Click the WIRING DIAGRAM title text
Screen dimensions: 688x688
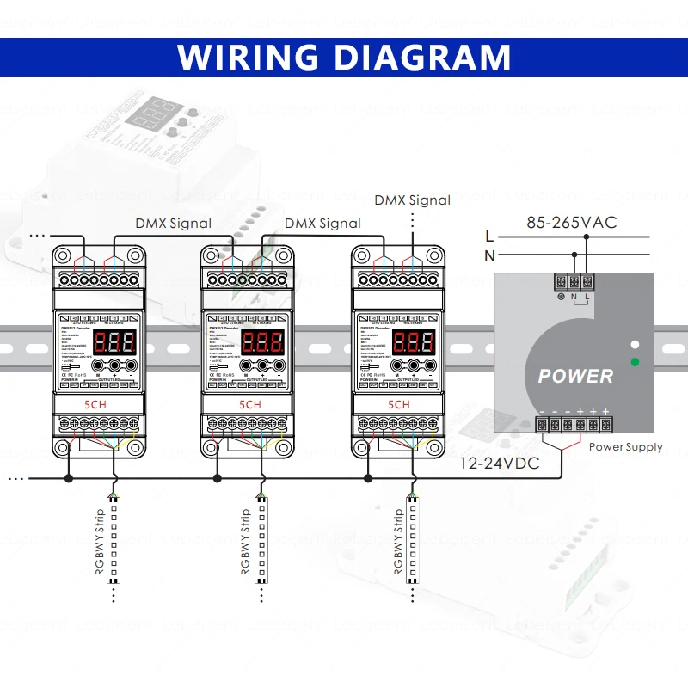(x=344, y=57)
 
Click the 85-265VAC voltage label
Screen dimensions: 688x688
(x=572, y=223)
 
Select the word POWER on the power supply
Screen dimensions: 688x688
(x=575, y=376)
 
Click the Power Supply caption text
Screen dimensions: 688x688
(x=625, y=447)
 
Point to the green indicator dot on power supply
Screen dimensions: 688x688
(x=635, y=362)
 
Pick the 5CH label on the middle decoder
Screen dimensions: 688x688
(x=249, y=404)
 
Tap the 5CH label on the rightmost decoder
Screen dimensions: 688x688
(x=400, y=404)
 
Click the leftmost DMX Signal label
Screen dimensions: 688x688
(x=173, y=224)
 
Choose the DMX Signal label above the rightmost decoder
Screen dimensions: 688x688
(x=412, y=200)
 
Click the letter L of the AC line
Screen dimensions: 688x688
(x=489, y=236)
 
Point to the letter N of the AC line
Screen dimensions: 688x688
(x=489, y=255)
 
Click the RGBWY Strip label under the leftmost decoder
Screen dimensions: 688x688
(x=100, y=542)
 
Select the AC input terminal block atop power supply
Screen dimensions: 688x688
(x=574, y=282)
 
